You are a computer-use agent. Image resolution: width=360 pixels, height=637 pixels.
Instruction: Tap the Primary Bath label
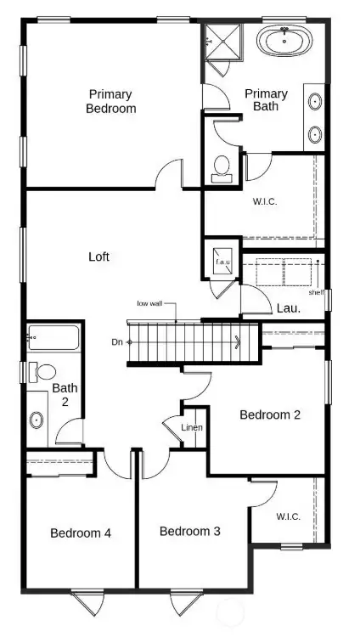(x=266, y=99)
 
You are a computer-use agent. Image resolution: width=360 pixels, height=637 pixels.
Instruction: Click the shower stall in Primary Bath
(x=222, y=40)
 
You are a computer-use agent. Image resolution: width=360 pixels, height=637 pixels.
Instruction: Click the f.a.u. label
(x=223, y=262)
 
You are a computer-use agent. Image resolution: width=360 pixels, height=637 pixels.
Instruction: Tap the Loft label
(x=99, y=256)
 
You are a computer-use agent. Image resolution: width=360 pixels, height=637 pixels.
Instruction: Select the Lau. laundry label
(x=288, y=309)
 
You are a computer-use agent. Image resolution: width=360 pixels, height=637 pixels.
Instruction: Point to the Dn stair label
(x=116, y=342)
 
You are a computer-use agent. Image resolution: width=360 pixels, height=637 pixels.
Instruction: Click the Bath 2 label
(x=65, y=395)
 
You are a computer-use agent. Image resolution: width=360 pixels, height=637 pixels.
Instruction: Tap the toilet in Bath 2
(x=43, y=371)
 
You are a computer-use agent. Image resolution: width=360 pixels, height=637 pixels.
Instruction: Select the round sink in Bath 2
(x=37, y=419)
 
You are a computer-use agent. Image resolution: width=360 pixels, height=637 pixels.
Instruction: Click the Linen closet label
(x=192, y=427)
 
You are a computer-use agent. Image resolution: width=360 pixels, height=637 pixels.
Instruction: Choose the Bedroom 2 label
(x=270, y=414)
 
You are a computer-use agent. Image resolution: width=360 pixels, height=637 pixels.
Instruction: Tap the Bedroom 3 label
(x=190, y=531)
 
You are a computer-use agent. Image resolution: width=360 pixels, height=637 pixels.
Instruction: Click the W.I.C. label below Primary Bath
(x=265, y=201)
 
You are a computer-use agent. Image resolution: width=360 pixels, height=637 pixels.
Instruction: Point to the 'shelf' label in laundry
(x=316, y=292)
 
